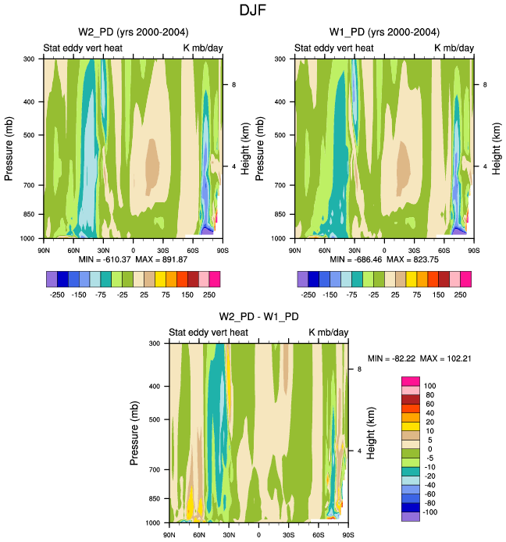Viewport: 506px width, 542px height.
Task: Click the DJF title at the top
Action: point(253,11)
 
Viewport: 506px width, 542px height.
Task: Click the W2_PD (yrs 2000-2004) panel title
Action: point(133,32)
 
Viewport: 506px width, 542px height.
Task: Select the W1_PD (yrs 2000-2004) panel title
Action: point(384,32)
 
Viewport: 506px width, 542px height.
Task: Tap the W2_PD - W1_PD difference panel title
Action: point(258,316)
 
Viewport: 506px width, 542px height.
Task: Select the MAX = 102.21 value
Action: point(447,358)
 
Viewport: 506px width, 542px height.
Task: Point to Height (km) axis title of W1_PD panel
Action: point(496,148)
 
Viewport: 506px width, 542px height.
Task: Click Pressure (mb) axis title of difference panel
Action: point(135,432)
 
